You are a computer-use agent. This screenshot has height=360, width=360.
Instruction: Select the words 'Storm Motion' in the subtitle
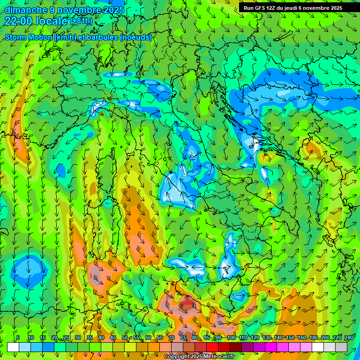[28, 37]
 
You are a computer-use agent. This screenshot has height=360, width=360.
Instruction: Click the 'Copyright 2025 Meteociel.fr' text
[199, 357]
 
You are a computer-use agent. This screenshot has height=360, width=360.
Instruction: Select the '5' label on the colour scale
[18, 338]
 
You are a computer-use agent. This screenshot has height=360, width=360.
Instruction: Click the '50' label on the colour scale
[125, 338]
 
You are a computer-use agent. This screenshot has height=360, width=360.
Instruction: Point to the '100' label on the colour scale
[231, 338]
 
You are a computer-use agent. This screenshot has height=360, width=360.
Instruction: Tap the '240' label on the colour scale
[348, 338]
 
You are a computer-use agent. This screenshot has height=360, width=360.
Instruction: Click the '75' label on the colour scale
[183, 338]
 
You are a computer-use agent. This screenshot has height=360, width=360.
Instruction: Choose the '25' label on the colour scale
[66, 338]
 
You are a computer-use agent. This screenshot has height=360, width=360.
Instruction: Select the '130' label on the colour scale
[266, 338]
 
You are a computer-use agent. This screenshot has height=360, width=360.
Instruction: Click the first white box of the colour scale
[13, 347]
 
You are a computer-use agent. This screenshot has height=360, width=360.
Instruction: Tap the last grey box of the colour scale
[341, 347]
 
